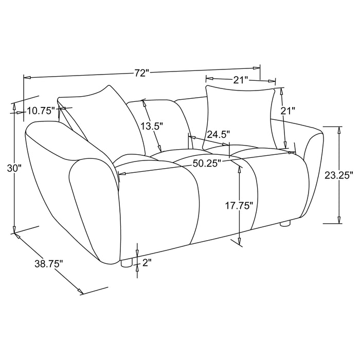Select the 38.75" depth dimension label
[x=49, y=264]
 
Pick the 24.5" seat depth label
[x=218, y=134]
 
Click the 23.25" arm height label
[x=339, y=175]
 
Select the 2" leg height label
[x=146, y=263]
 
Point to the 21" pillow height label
[x=290, y=111]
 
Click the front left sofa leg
[x=125, y=263]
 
